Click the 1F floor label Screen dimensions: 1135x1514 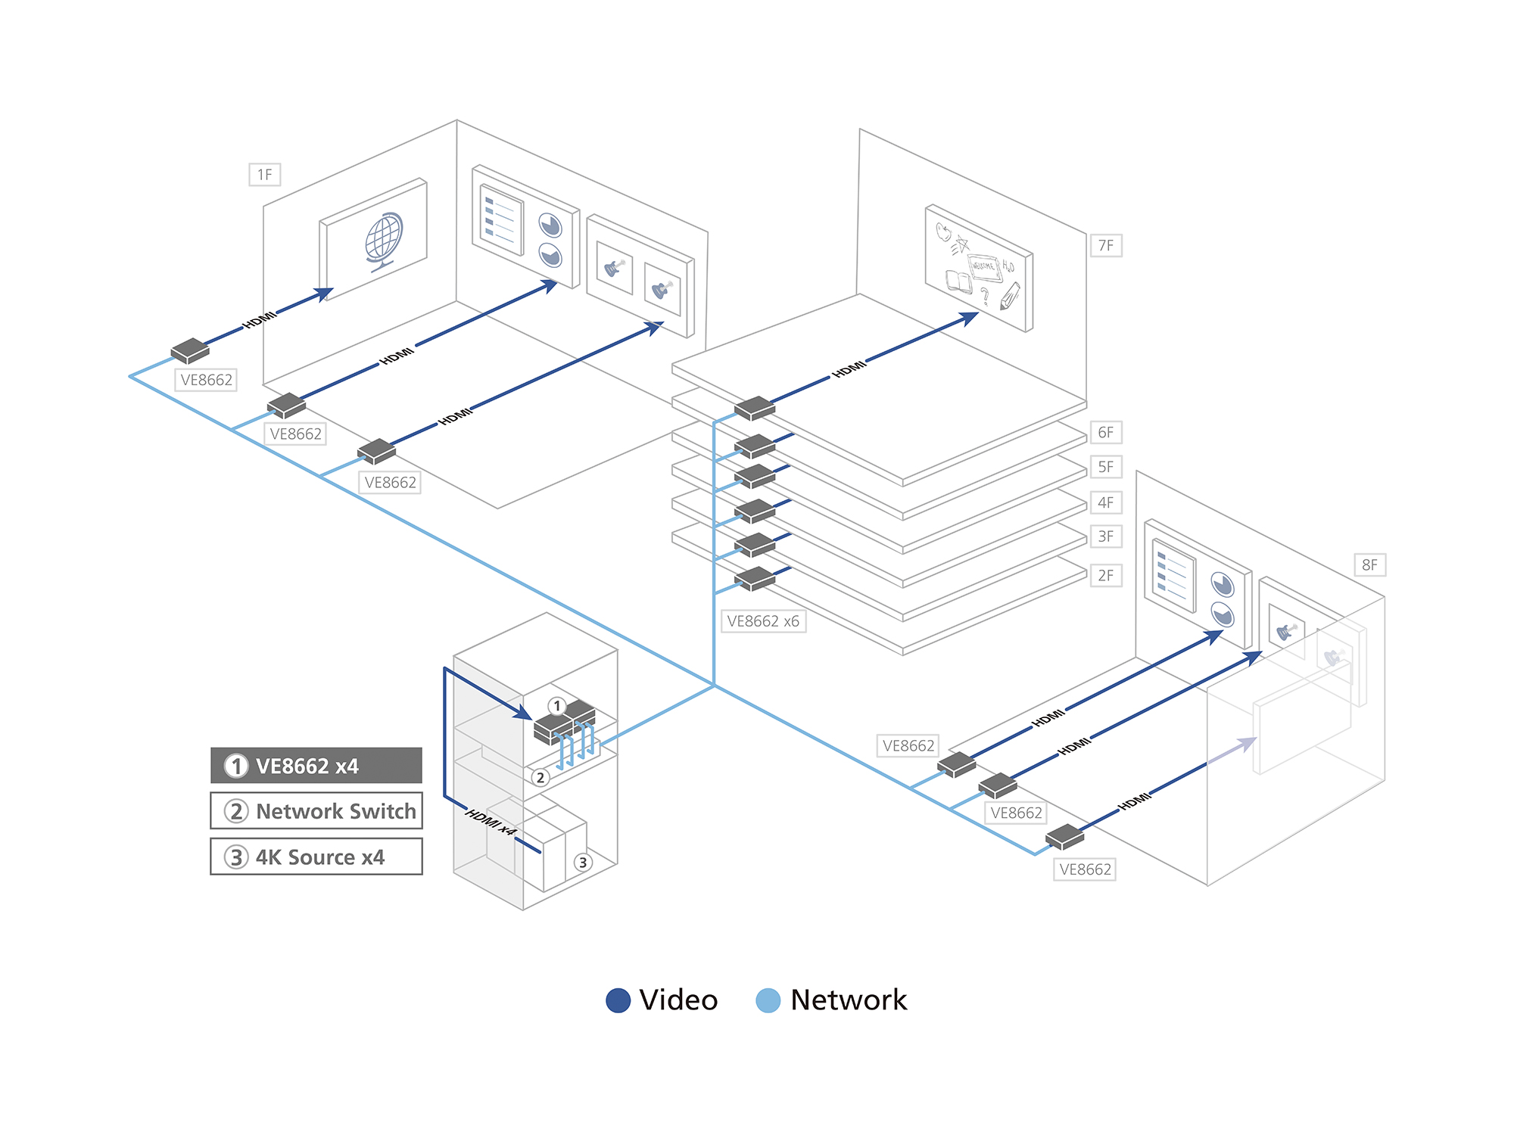click(x=265, y=175)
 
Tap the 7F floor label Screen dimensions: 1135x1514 click(x=1106, y=245)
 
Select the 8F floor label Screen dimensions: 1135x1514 click(x=1369, y=564)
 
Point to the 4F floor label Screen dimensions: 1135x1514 click(x=1105, y=502)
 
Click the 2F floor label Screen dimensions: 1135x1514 click(x=1105, y=575)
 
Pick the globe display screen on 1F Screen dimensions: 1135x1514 click(x=375, y=238)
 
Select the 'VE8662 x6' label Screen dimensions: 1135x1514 click(x=762, y=621)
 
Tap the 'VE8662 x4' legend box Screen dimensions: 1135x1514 click(x=316, y=766)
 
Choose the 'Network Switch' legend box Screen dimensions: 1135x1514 click(x=316, y=811)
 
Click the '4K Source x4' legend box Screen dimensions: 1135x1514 click(x=316, y=857)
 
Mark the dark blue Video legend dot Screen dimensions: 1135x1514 click(x=618, y=1000)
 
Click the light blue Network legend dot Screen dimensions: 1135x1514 click(x=768, y=1000)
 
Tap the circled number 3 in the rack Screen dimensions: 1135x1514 click(x=582, y=862)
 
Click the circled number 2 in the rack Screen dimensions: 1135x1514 click(x=540, y=777)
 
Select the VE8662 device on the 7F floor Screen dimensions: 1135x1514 click(x=755, y=408)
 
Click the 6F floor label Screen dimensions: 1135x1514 click(x=1105, y=432)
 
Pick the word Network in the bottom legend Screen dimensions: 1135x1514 click(x=848, y=1000)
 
